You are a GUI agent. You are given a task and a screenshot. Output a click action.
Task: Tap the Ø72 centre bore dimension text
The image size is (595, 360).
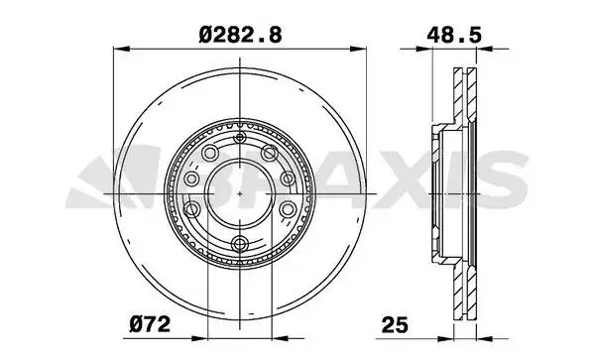coord(152,323)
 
